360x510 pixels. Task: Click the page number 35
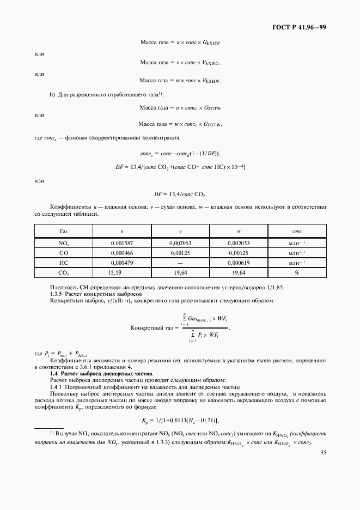[x=323, y=452]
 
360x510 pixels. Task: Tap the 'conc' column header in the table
[x=297, y=231]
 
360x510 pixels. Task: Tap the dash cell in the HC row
[x=180, y=262]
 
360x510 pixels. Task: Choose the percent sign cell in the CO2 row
[x=297, y=272]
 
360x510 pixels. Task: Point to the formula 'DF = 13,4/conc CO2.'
[x=180, y=194]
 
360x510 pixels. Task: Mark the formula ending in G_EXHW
[x=180, y=41]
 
